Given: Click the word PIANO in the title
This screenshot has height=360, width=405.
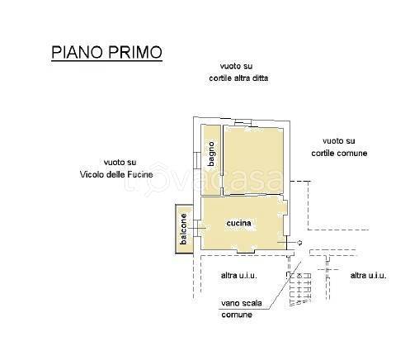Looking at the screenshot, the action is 77,52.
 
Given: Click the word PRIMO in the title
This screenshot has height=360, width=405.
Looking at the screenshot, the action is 135,52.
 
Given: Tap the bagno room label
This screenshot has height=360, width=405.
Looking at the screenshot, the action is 211,154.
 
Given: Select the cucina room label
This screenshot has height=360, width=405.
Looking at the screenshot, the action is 238,223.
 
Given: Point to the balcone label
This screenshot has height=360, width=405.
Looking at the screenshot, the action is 183,229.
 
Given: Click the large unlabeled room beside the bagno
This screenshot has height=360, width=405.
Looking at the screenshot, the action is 253,160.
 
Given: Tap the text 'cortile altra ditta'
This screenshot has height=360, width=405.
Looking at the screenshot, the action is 238,78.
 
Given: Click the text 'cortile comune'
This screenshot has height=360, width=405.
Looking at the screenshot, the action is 339,153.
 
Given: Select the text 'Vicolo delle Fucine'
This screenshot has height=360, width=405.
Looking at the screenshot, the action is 116,174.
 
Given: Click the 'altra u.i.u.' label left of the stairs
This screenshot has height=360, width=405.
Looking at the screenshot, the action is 239,275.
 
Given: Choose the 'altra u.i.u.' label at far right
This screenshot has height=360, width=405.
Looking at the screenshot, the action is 368,275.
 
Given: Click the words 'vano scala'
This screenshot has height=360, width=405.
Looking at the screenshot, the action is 242,303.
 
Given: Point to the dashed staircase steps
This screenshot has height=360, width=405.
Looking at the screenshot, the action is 301,289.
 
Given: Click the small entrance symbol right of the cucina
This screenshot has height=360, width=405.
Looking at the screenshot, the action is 299,243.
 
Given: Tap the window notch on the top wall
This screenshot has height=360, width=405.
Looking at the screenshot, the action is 243,122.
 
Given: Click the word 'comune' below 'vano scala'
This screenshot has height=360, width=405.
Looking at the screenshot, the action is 237,315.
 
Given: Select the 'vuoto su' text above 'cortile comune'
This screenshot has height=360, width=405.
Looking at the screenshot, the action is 339,141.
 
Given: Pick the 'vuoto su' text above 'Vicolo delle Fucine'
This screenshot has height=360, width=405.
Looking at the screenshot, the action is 120,163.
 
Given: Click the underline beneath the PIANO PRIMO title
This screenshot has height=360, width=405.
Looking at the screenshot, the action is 106,60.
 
